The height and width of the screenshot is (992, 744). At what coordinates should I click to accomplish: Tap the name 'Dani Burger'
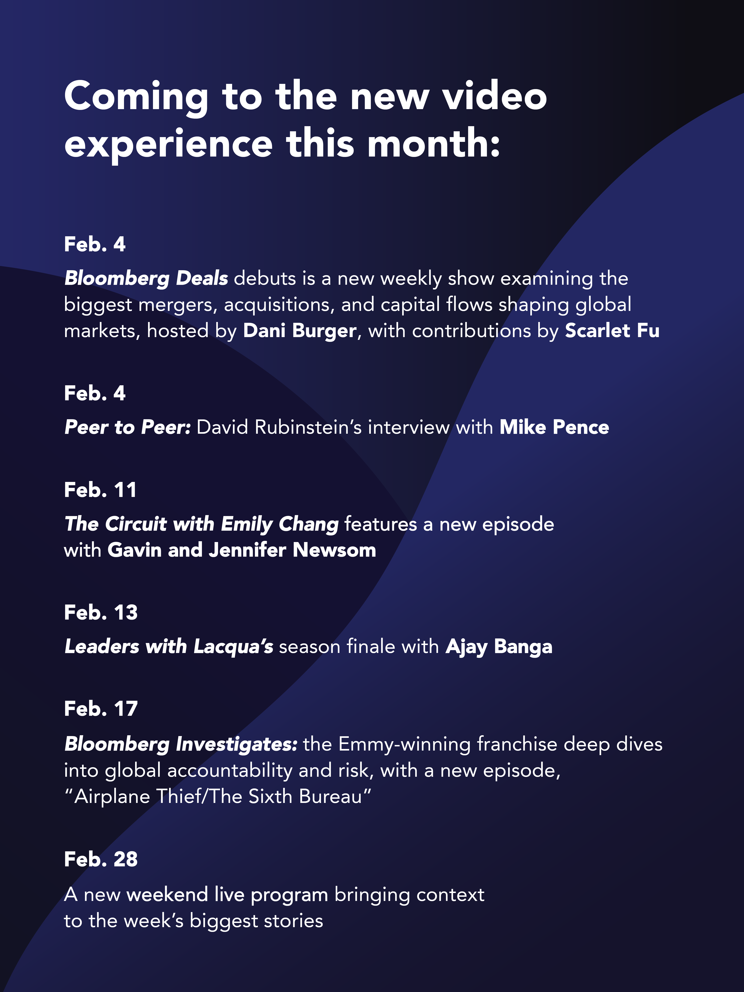coord(300,331)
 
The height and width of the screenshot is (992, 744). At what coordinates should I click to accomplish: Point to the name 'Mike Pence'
coord(554,427)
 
